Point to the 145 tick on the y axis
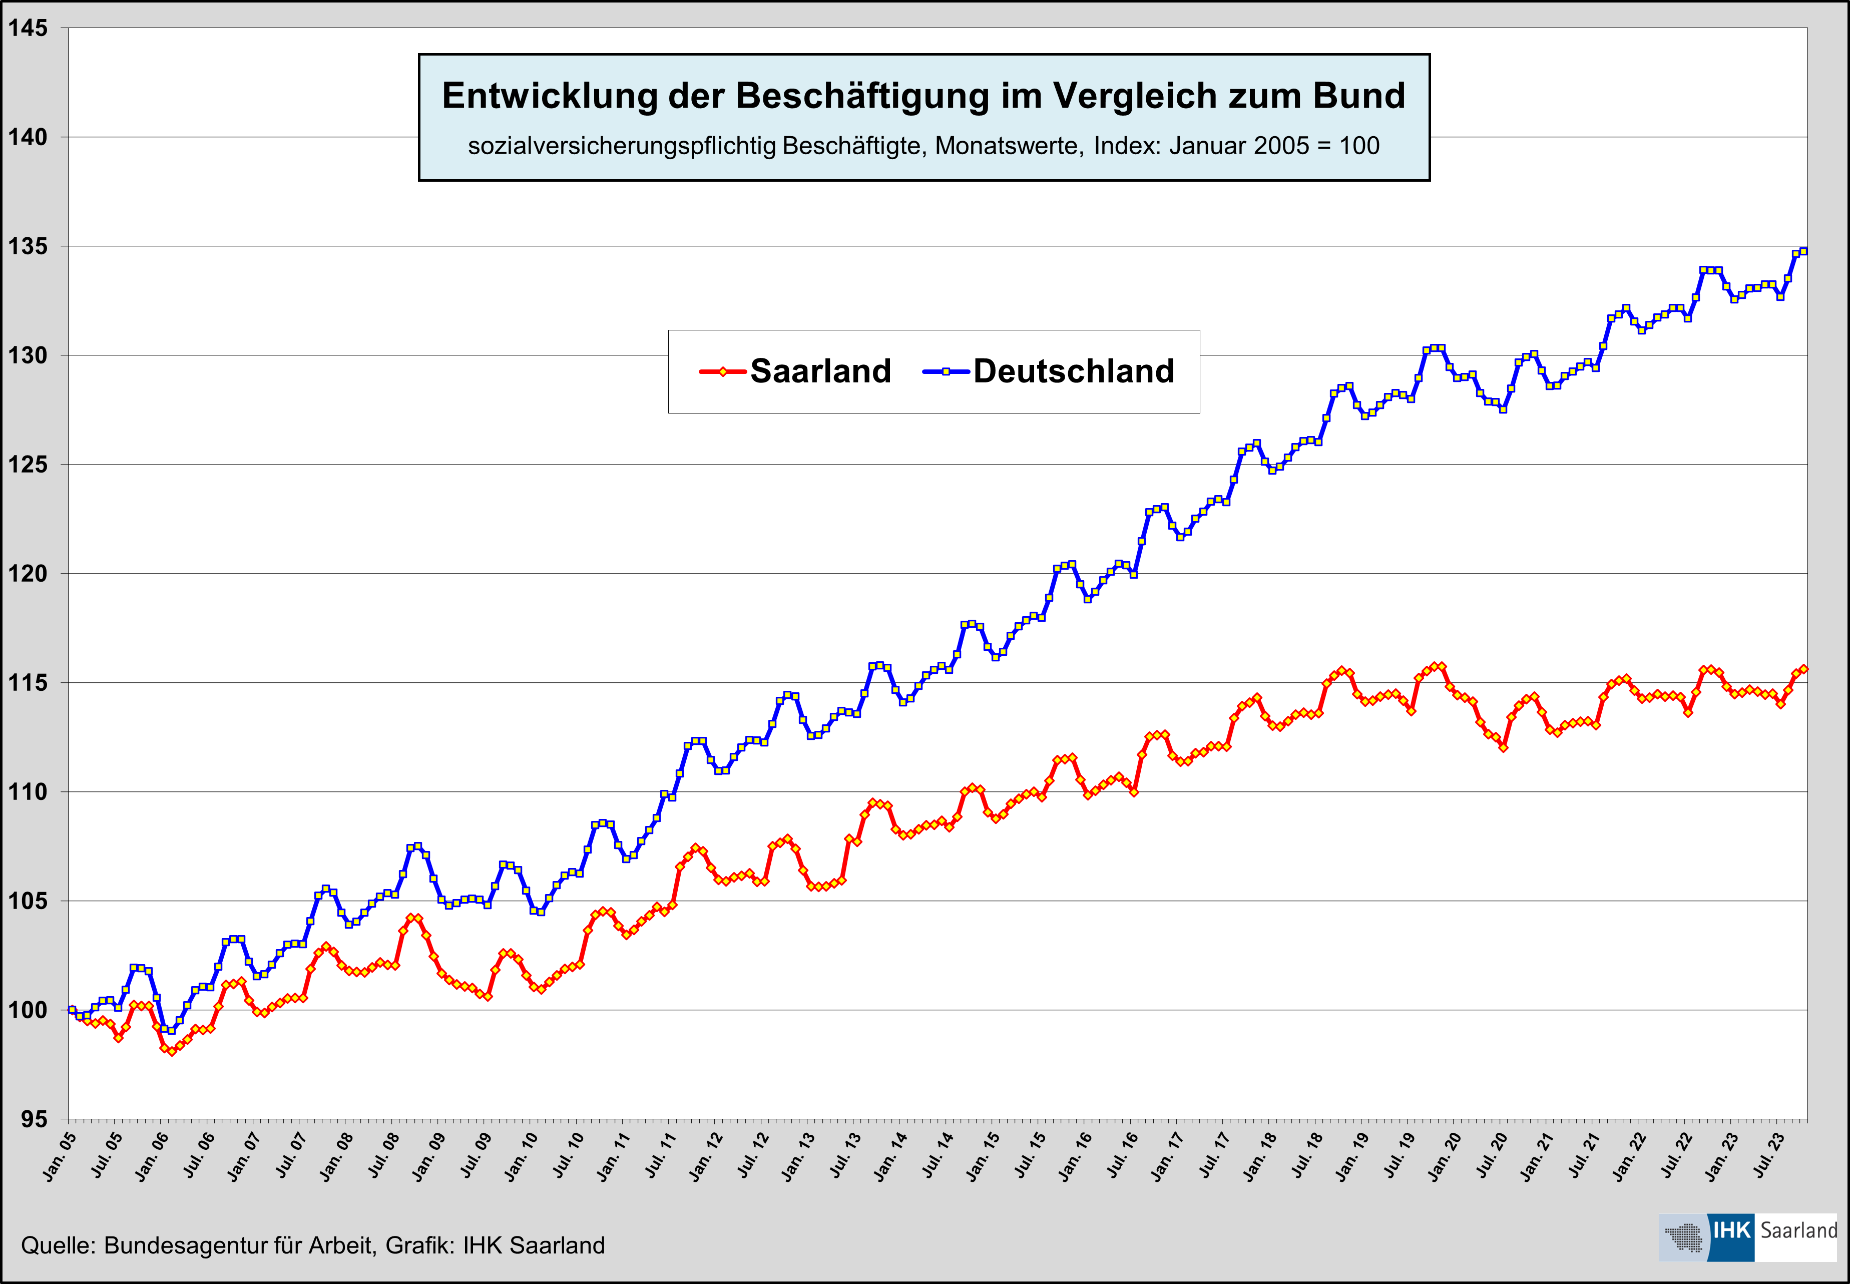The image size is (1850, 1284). (x=28, y=28)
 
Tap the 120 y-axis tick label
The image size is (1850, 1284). (x=28, y=574)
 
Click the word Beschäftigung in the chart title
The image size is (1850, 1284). (x=860, y=96)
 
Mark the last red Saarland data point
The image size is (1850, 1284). (x=1803, y=669)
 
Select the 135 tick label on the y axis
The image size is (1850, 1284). (x=28, y=246)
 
